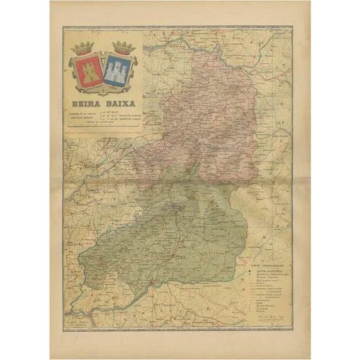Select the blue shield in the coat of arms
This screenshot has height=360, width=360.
click(118, 70)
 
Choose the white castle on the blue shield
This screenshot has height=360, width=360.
click(118, 72)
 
